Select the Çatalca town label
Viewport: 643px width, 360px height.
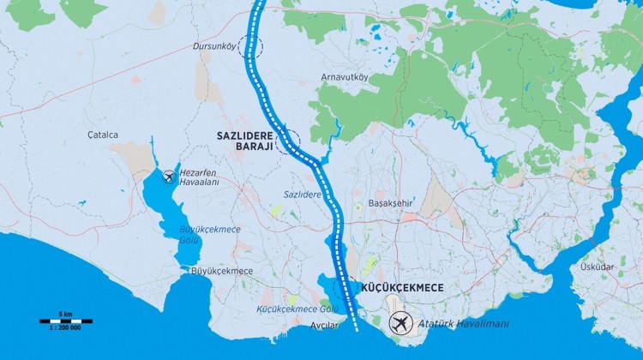(x=102, y=135)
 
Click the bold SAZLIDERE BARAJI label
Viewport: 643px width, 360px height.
(x=244, y=141)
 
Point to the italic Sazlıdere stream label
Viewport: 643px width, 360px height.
(x=303, y=195)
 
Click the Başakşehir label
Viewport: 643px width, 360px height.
(x=390, y=203)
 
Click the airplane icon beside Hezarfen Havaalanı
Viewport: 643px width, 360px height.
(x=168, y=177)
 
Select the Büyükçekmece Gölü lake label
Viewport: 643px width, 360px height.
(x=210, y=235)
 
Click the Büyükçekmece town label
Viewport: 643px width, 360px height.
(x=222, y=271)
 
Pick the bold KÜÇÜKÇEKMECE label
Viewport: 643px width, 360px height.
(x=402, y=288)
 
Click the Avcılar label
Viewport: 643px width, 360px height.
(x=323, y=325)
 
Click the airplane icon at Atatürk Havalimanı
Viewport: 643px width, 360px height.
(x=399, y=324)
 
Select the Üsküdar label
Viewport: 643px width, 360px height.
(x=597, y=267)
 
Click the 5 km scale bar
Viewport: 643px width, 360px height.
(x=66, y=321)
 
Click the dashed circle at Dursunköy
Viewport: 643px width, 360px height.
(x=252, y=47)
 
